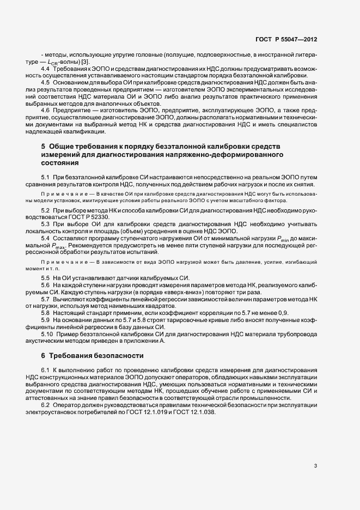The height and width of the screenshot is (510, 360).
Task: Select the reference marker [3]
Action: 86,61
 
